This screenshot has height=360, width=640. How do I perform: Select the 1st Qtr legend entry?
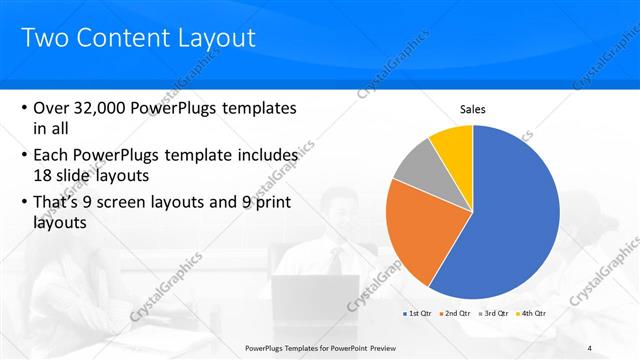419,313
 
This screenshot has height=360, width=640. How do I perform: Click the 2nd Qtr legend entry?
457,313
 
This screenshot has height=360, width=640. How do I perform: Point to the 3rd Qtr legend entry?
495,313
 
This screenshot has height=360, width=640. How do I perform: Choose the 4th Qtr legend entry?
533,313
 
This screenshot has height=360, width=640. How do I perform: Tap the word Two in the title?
43,39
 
